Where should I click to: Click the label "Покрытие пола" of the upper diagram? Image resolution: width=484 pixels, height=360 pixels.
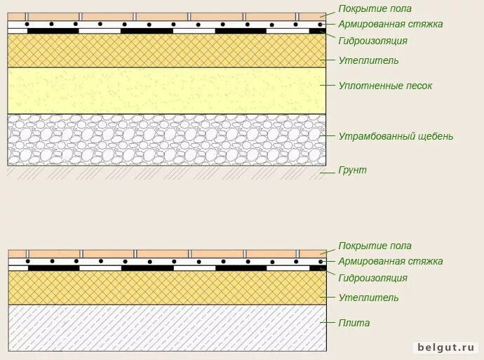(375, 9)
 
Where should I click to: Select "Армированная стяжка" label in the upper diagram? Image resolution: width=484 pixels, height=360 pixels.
(390, 25)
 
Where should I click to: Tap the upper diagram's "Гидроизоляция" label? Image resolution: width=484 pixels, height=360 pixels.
(372, 41)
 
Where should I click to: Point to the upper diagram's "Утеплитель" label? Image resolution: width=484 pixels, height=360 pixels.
(368, 60)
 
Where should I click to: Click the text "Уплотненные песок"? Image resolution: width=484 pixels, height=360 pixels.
(385, 86)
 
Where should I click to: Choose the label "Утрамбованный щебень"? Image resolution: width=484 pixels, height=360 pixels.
(396, 136)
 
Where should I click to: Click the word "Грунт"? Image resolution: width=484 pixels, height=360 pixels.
(352, 170)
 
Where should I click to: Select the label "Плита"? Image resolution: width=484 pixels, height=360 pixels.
(354, 323)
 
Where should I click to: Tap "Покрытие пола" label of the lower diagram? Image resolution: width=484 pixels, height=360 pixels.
(375, 246)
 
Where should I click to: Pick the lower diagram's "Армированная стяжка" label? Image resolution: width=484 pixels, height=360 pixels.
(390, 262)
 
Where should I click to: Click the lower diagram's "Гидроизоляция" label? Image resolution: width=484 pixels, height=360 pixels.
(372, 278)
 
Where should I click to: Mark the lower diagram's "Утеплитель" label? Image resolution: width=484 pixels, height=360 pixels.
(368, 298)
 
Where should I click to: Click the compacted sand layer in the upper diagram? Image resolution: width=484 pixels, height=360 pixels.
(166, 90)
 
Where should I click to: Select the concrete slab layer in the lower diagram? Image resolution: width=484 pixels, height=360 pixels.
(166, 327)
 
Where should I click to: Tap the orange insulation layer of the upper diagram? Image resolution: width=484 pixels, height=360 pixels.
(166, 51)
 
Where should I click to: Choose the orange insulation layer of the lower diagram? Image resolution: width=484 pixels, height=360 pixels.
(166, 288)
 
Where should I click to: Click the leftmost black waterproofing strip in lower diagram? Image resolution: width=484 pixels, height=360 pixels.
(53, 268)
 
